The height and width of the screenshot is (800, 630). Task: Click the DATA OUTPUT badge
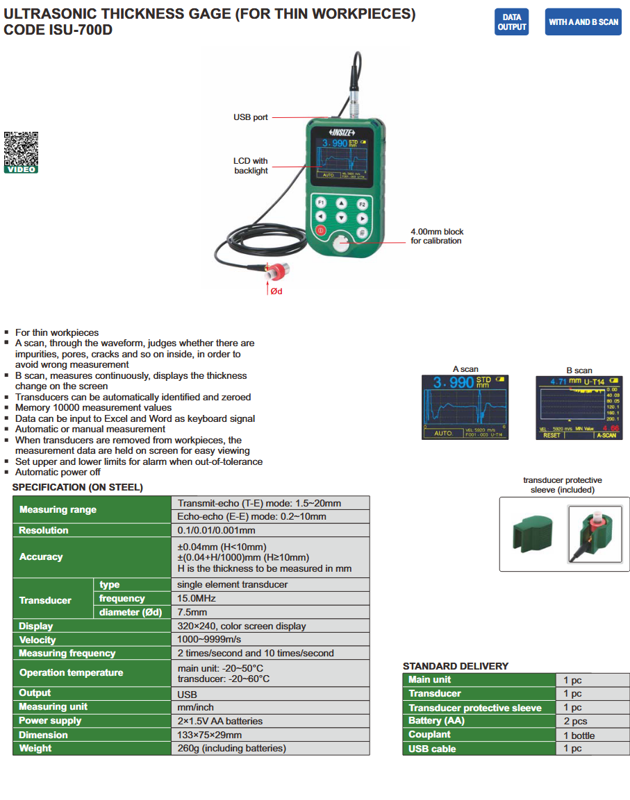(x=512, y=22)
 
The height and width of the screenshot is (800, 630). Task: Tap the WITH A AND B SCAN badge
(x=583, y=22)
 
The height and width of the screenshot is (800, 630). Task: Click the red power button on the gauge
(x=320, y=230)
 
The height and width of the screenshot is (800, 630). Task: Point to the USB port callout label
(x=250, y=117)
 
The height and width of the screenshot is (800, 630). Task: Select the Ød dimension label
(x=276, y=291)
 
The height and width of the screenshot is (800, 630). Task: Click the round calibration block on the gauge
(x=341, y=244)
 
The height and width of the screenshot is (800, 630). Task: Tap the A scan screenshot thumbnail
(x=465, y=407)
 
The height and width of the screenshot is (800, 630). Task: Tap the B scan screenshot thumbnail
(x=579, y=407)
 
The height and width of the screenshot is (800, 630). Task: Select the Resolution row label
(x=44, y=530)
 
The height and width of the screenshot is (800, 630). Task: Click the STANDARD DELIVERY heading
(x=456, y=666)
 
